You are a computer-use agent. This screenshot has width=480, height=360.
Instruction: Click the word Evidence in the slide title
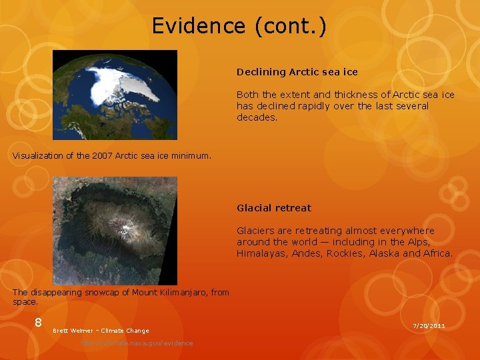coord(198,26)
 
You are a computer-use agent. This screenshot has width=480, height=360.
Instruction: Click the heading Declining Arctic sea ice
coord(297,71)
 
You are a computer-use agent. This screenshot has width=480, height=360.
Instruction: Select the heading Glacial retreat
coord(273,208)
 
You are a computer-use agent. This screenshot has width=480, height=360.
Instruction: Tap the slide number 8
coord(39,323)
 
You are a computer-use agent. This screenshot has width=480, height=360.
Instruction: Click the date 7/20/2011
coord(429,325)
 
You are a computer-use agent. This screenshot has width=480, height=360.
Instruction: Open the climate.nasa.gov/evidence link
coord(137,343)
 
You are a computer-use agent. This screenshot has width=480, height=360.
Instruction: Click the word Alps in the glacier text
coord(418,242)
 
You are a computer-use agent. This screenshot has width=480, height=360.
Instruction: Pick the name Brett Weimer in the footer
coord(71,331)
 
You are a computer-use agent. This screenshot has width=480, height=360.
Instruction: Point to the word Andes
coord(307,253)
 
